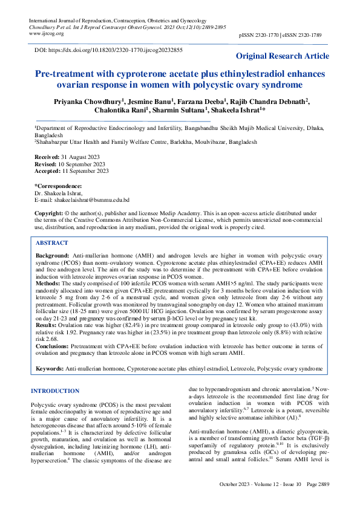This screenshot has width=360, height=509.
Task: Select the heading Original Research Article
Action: pos(283,56)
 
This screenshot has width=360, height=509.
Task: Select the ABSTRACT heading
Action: pos(51,242)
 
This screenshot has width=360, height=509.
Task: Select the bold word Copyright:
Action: pos(49,213)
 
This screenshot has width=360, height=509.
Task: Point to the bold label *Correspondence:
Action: pos(58,186)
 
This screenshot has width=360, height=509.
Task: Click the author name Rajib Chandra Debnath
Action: pos(270,101)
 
